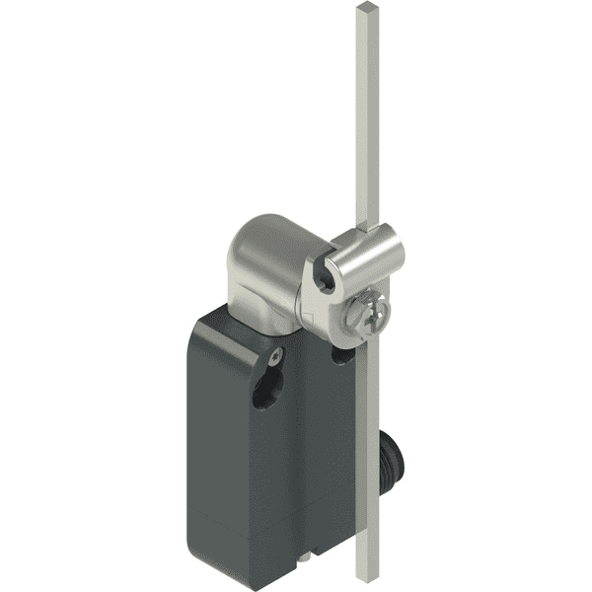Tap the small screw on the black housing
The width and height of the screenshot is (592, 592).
coord(279,353)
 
